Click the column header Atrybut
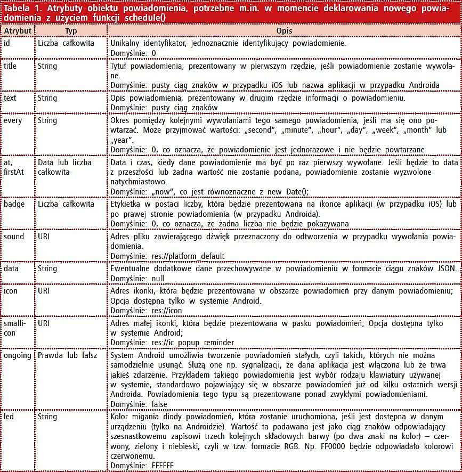point(18,31)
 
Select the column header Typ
point(70,31)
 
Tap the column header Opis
point(283,31)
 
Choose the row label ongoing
point(18,355)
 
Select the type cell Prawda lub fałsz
point(67,355)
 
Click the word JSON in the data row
point(446,269)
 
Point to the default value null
point(158,279)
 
